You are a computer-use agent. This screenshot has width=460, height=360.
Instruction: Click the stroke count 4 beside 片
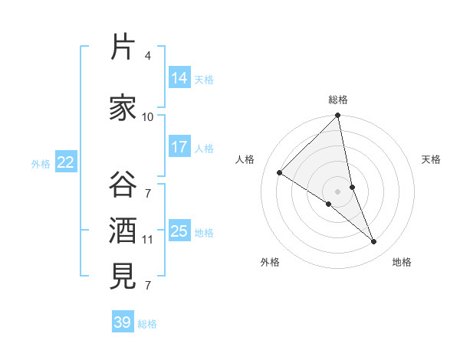click(x=147, y=56)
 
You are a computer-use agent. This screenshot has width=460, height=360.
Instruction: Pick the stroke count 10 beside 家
click(x=148, y=116)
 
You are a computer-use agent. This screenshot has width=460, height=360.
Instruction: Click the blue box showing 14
click(x=179, y=78)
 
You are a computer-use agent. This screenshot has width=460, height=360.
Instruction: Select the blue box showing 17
click(x=179, y=147)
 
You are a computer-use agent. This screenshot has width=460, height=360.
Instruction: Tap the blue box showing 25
click(x=179, y=231)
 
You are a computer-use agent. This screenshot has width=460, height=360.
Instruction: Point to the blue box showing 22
click(x=66, y=162)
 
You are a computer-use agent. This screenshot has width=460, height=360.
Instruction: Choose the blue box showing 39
click(x=123, y=322)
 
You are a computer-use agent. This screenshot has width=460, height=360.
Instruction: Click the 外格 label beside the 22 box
click(x=41, y=163)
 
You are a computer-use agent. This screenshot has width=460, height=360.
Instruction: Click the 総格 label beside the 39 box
click(x=147, y=324)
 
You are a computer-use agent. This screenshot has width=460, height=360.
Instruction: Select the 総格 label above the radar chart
click(x=338, y=100)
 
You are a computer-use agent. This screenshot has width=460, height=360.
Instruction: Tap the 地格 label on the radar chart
click(x=402, y=262)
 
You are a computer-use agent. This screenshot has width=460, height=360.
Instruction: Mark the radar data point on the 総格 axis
click(x=338, y=116)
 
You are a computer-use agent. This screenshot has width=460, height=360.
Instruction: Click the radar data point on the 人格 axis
click(x=279, y=173)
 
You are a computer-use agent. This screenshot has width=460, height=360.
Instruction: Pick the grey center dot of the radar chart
click(x=338, y=191)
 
